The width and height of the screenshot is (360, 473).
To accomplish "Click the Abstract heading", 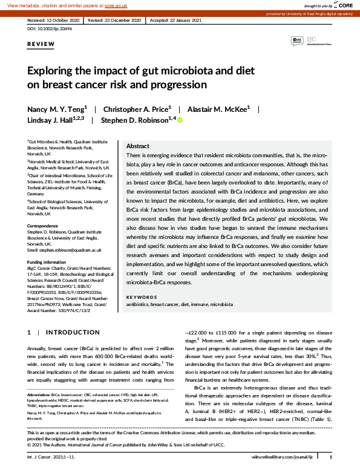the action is click(137, 146).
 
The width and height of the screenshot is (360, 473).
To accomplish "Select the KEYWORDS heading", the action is click(141, 297).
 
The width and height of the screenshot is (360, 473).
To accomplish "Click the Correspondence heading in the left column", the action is click(43, 226).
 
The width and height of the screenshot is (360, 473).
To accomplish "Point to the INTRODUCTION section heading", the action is click(73, 333).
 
